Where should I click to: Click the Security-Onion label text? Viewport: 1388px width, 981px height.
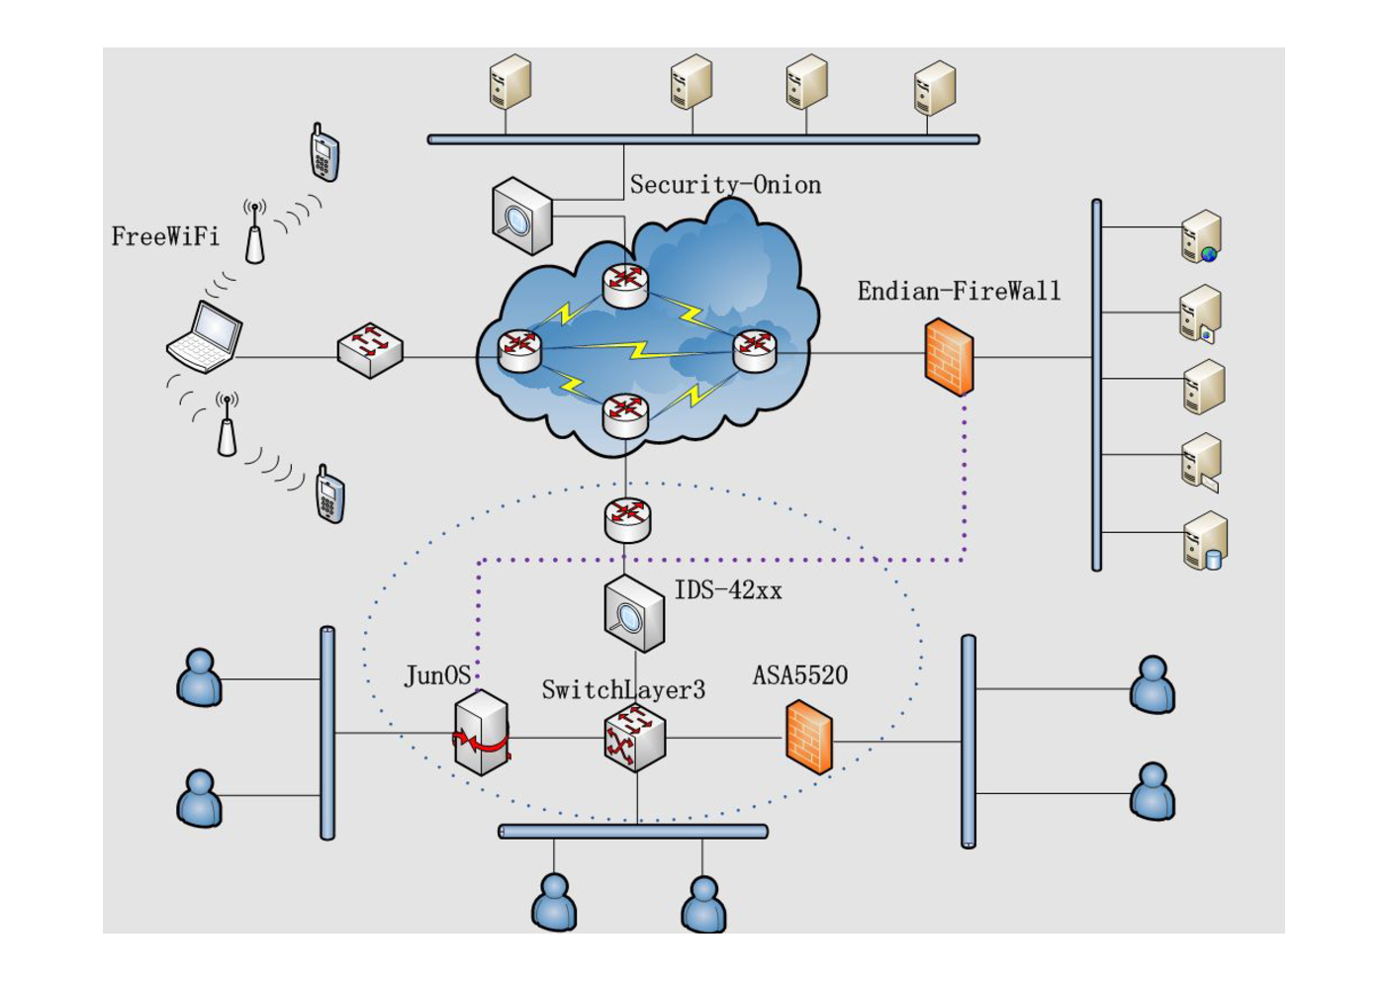725,185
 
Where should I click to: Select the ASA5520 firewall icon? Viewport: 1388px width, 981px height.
809,737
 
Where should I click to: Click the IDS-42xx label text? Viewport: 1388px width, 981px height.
728,590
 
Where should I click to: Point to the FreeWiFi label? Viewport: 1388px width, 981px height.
165,236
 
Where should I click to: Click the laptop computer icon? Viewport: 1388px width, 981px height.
205,337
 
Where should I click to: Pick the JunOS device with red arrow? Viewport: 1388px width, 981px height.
482,732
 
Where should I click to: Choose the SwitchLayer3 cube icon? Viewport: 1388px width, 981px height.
635,738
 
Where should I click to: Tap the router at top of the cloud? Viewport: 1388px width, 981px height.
625,286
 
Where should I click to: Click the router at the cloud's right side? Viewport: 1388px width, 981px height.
755,351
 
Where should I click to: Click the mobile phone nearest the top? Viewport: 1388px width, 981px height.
324,152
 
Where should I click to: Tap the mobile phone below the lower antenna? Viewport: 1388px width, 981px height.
330,493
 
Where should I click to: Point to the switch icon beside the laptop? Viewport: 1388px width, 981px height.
370,350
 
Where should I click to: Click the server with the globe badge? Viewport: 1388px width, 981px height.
1201,236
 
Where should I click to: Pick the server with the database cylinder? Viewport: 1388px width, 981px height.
1205,540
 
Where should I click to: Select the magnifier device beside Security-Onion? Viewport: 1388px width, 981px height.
521,217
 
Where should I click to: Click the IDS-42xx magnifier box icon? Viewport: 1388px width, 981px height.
634,613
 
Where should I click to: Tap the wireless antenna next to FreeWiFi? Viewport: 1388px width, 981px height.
254,231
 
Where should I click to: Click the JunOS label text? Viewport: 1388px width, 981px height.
437,675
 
